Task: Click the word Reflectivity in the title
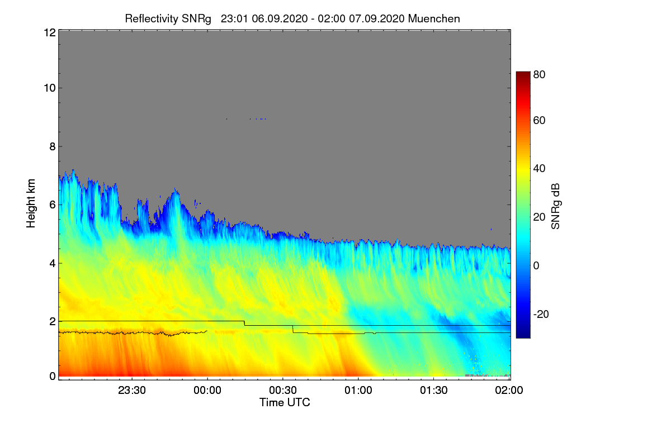[x=152, y=19]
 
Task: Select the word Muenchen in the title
[x=434, y=18]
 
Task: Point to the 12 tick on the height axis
[x=50, y=32]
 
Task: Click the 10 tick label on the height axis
[x=50, y=88]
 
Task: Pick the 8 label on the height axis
[x=53, y=146]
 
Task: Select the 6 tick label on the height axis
[x=53, y=205]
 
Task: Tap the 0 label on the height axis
[x=53, y=376]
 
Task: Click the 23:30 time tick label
[x=132, y=390]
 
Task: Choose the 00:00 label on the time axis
[x=207, y=390]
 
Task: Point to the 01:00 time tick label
[x=358, y=390]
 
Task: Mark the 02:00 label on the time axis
[x=509, y=390]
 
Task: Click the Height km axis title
[x=31, y=203]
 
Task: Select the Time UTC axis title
[x=285, y=402]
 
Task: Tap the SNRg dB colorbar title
[x=555, y=206]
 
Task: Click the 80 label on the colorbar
[x=539, y=74]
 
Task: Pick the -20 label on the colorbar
[x=541, y=314]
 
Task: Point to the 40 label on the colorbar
[x=539, y=169]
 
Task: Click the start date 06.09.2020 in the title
[x=280, y=18]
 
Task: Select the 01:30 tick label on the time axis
[x=434, y=390]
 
